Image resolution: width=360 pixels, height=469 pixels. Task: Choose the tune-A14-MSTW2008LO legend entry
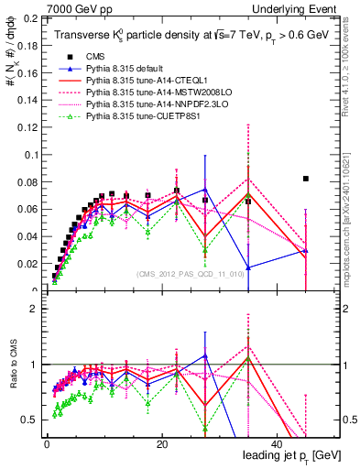(x=150, y=93)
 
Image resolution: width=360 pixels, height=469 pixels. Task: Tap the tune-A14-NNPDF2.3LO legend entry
(x=148, y=104)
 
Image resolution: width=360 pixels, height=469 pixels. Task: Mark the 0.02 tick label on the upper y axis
(x=28, y=265)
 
